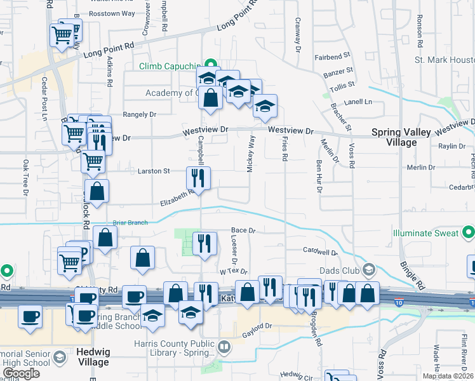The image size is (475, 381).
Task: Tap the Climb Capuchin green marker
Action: click(208, 64)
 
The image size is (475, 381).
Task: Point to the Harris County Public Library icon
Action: click(224, 347)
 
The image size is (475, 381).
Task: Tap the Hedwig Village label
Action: click(83, 357)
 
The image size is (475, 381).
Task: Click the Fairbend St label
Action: click(332, 57)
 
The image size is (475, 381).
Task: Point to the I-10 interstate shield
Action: click(399, 295)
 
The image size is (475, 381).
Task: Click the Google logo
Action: click(22, 373)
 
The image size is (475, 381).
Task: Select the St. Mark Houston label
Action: click(445, 60)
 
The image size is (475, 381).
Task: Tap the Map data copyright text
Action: click(448, 376)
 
